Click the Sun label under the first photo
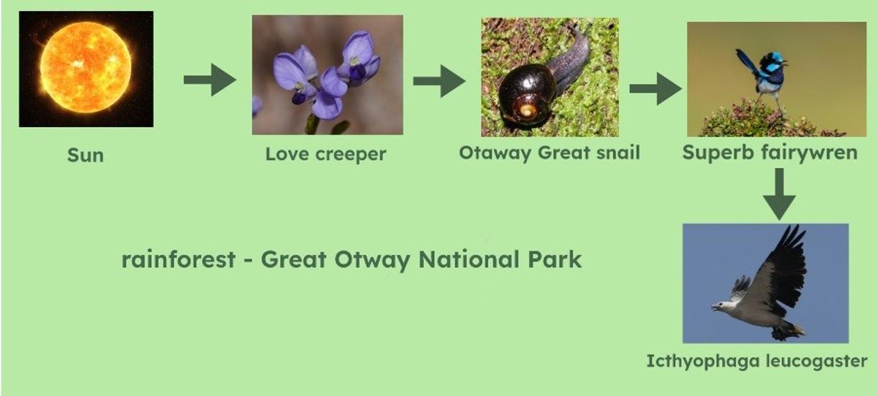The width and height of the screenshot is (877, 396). (86, 155)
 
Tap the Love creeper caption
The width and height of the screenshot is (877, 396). (326, 153)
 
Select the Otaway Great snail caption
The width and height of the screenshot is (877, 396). (550, 153)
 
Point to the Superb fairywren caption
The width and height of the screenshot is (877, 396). (770, 153)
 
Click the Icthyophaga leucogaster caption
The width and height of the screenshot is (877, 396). (757, 361)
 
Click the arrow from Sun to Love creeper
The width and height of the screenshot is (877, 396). (210, 80)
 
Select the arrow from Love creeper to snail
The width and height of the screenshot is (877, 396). (439, 81)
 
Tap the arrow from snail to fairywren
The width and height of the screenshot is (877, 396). (656, 88)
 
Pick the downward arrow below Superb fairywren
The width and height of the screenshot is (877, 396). (779, 194)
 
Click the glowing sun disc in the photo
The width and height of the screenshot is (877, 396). (86, 67)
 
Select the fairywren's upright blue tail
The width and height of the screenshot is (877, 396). (747, 64)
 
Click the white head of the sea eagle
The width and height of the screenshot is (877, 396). (723, 307)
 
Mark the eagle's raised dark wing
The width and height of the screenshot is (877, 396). (782, 270)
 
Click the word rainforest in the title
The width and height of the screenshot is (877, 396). (178, 259)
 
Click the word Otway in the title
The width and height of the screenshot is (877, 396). (372, 260)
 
